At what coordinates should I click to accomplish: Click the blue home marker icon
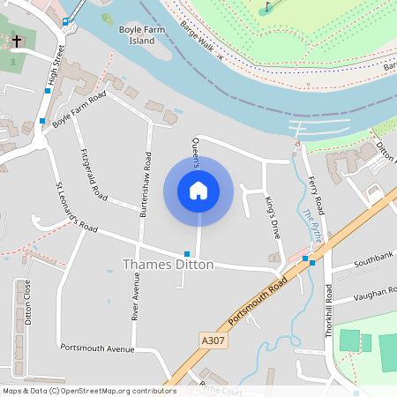point(198,190)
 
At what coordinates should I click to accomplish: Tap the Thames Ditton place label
point(168,265)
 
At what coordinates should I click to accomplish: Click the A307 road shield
point(213,340)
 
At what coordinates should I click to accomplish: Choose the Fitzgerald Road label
point(94,173)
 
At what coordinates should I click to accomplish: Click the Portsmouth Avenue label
point(97,348)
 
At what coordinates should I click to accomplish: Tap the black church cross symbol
point(16,41)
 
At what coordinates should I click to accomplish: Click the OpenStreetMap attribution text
point(89,391)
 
